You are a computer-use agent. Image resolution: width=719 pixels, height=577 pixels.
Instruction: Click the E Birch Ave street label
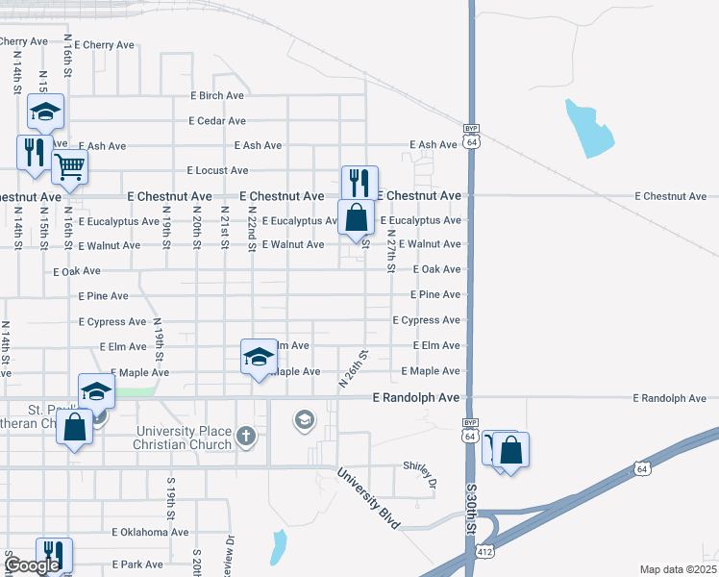pos(216,96)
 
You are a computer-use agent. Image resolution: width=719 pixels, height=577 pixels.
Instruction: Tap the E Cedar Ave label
pos(217,121)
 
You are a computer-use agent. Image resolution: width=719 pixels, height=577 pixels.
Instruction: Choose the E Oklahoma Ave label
pos(150,532)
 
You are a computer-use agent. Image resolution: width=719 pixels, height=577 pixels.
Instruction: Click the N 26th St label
pos(354,368)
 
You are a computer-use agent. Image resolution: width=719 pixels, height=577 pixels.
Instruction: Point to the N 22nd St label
pos(252,229)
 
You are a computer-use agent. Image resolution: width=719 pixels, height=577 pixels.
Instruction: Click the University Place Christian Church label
pos(184,438)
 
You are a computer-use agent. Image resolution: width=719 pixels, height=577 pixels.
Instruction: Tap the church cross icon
pos(246,438)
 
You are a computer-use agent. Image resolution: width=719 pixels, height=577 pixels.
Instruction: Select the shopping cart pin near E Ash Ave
pos(69,167)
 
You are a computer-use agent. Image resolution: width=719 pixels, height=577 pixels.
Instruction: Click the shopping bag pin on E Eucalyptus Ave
pos(357,217)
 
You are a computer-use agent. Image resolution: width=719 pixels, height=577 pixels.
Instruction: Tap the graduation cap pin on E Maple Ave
pos(258,357)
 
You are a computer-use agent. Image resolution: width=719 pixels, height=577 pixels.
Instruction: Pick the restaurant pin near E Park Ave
pos(54,555)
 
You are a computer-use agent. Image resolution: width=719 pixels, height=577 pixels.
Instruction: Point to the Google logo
pos(31,565)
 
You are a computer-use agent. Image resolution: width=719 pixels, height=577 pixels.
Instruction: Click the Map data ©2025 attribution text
pos(678,569)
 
